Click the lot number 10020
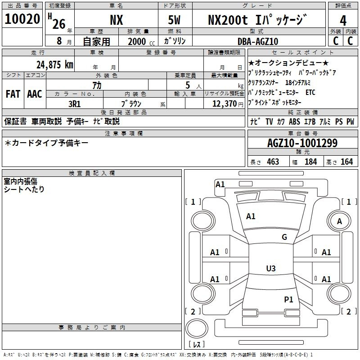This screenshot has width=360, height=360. [x=22, y=19]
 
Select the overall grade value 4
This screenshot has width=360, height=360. [x=343, y=20]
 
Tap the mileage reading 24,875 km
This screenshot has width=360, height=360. [x=54, y=64]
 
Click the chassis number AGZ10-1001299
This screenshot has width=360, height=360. [x=302, y=143]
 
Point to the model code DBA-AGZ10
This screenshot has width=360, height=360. [x=258, y=41]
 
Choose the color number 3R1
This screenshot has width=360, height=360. [x=74, y=104]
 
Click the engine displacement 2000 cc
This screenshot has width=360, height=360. [x=141, y=41]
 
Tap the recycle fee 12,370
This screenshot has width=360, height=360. [x=224, y=104]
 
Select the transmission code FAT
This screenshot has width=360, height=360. [x=13, y=94]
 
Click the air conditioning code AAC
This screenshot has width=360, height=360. [x=35, y=94]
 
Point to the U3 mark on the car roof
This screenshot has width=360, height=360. [x=271, y=268]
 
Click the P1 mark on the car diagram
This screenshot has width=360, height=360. [x=288, y=299]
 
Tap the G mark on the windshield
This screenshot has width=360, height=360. [x=284, y=237]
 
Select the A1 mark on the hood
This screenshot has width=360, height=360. [x=251, y=216]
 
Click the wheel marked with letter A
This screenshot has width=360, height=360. [x=339, y=221]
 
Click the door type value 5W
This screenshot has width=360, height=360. [x=174, y=20]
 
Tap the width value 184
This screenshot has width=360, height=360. [x=310, y=162]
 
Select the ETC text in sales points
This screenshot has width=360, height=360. [x=310, y=92]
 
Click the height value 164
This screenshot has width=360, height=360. [x=346, y=162]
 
